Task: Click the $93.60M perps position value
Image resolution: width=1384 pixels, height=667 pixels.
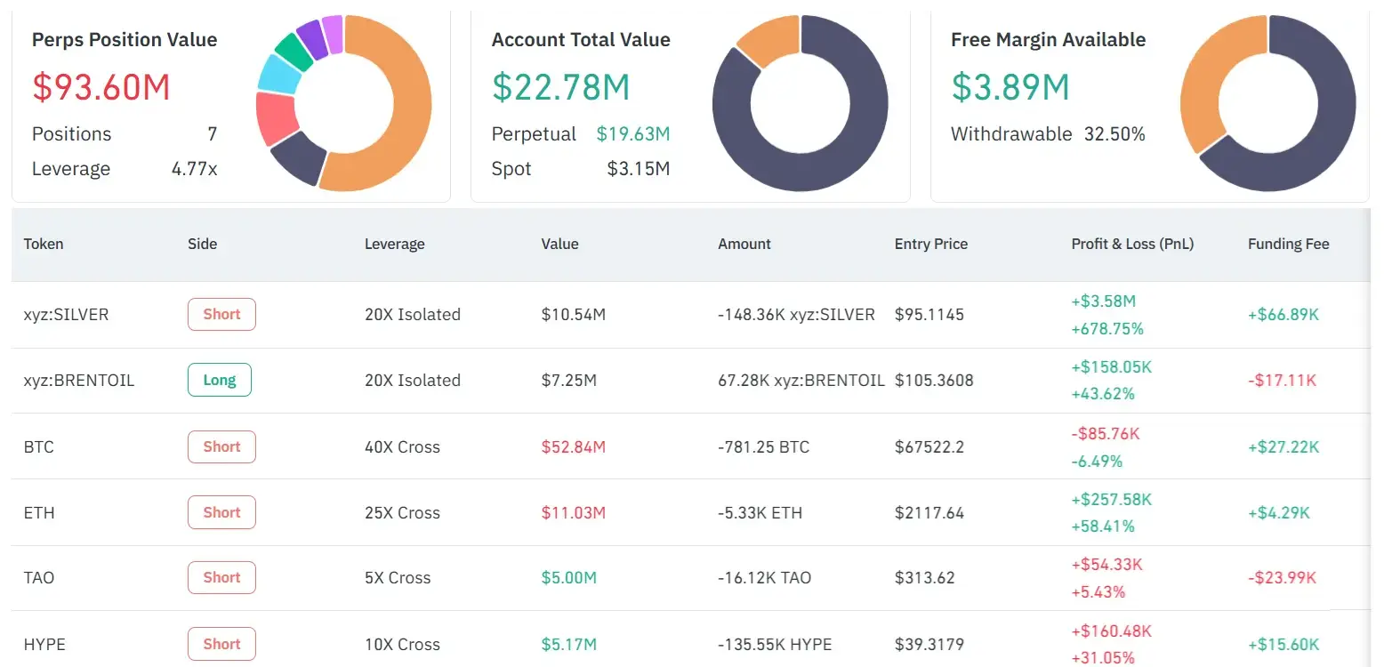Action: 101,87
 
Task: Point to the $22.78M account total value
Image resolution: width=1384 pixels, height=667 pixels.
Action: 560,87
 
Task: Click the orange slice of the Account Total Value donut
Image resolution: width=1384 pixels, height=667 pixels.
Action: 767,40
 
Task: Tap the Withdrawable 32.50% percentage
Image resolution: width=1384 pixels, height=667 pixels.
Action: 1114,134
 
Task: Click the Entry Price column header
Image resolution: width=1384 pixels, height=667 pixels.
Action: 930,244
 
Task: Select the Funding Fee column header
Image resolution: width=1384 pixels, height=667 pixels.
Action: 1288,244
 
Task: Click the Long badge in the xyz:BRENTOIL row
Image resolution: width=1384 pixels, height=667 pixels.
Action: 220,380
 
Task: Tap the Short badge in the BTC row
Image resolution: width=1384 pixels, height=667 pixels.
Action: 221,446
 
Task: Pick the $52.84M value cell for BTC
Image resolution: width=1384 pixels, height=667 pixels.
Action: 573,446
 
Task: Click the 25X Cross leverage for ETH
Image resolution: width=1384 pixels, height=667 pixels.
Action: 402,512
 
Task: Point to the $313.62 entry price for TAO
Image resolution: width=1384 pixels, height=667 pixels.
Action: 924,577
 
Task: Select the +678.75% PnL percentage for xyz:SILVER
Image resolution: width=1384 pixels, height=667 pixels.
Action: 1106,328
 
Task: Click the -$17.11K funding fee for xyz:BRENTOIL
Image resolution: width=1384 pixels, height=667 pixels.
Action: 1282,380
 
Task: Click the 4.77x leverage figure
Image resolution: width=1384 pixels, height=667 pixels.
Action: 194,169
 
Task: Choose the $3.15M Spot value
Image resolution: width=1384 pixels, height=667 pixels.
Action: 638,169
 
